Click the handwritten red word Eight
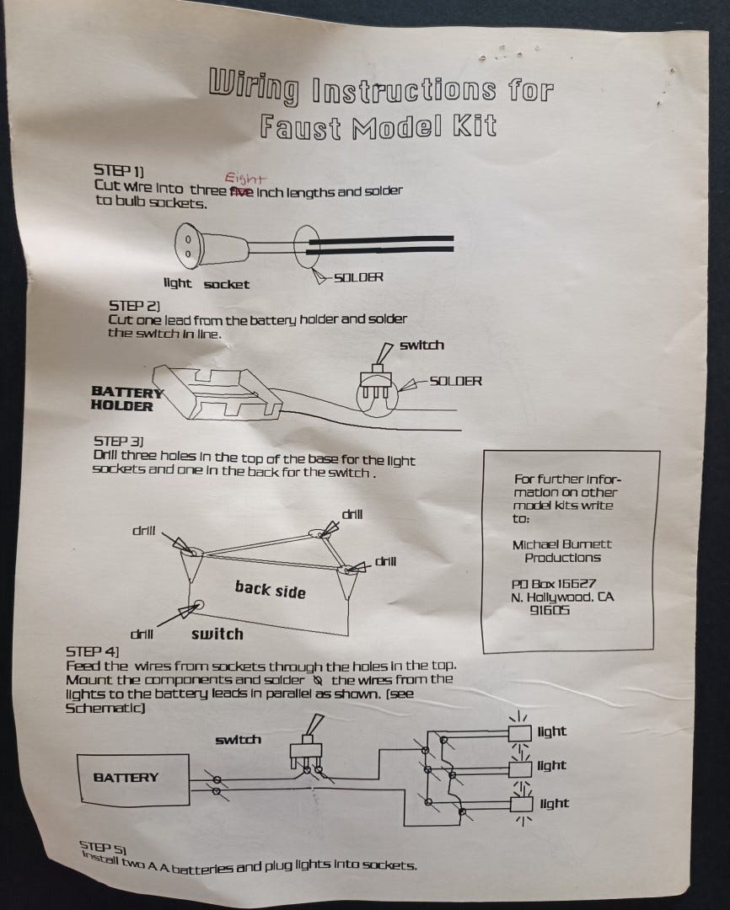[245, 179]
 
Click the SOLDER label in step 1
[358, 277]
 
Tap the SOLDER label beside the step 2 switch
[455, 381]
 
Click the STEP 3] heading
[119, 441]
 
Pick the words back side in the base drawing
[270, 589]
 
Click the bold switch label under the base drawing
[217, 634]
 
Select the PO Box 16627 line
[554, 583]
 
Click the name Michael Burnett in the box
[562, 544]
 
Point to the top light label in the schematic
[552, 731]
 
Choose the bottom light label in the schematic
[554, 803]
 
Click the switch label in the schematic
[238, 740]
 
